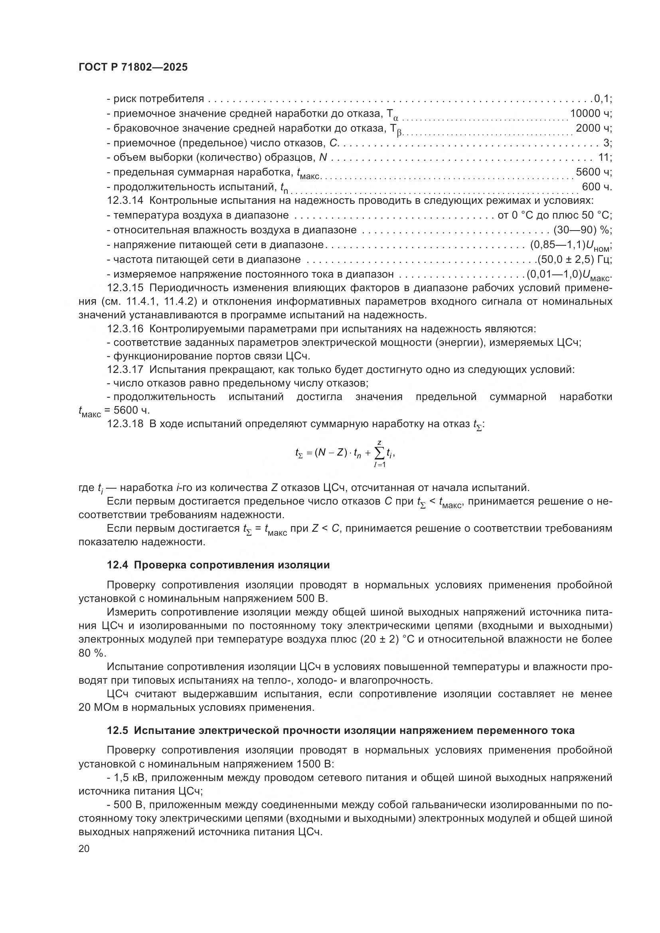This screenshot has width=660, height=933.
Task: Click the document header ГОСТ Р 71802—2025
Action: pos(133,67)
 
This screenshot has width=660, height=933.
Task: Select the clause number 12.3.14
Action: pos(125,201)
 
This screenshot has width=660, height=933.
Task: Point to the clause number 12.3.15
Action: pos(125,288)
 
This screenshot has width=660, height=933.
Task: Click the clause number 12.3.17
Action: pos(125,370)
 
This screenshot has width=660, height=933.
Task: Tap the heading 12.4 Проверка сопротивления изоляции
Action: pos(218,565)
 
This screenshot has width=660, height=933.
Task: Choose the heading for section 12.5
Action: pos(340,731)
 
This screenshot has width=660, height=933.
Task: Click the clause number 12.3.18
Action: pos(125,424)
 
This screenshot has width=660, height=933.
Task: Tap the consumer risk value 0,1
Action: pos(601,99)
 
